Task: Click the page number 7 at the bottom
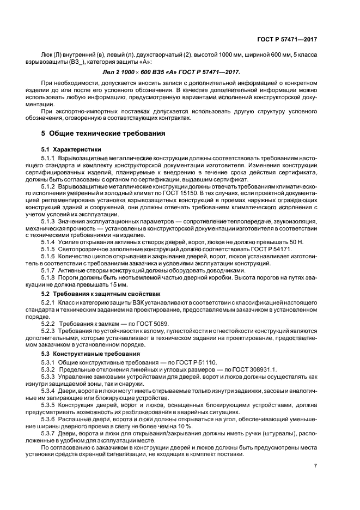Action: (315, 465)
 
